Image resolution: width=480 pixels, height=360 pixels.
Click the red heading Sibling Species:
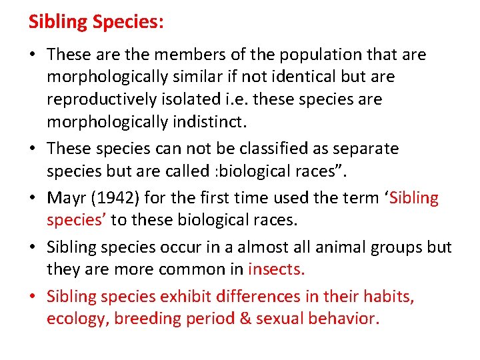[x=96, y=22]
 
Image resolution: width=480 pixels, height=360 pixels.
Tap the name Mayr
[x=66, y=197]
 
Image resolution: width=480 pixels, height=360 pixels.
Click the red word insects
[x=276, y=269]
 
